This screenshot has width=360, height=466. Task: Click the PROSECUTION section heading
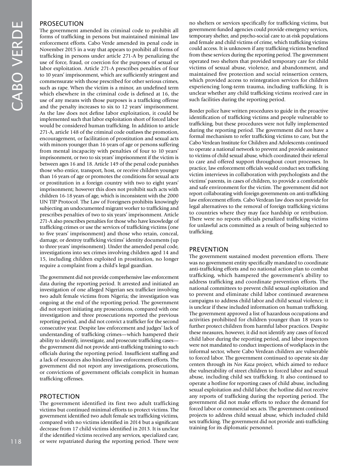point(61,23)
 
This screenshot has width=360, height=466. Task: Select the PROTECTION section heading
point(59,396)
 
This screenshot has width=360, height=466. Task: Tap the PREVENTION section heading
point(208,249)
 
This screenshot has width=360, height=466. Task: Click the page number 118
point(16,441)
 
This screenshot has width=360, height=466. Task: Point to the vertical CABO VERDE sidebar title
point(17,66)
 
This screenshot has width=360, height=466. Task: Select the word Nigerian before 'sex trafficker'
point(114,290)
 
